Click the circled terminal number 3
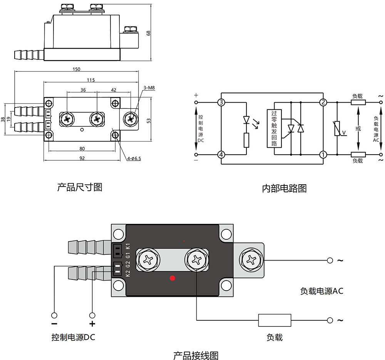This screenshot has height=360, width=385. pos(221,103)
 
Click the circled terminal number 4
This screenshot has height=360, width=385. pos(221,155)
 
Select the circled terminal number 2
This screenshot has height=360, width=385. pos(323,103)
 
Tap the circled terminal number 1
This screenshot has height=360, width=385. pos(323,155)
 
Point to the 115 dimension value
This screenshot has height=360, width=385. pos(90,80)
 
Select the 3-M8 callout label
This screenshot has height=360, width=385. pos(149,88)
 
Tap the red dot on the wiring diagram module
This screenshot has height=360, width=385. pos(172,278)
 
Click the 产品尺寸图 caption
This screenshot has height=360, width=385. pos(80,187)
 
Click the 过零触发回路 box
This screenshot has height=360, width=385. pos(274,129)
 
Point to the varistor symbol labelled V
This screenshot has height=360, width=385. pos(337,129)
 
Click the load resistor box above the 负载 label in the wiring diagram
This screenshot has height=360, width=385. pos(275,320)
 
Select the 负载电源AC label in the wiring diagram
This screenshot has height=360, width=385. pos(321,291)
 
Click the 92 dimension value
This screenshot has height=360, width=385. pos(82,158)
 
